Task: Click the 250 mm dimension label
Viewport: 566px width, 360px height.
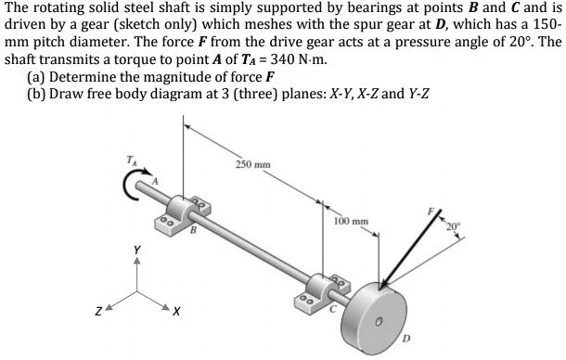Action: point(251,164)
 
